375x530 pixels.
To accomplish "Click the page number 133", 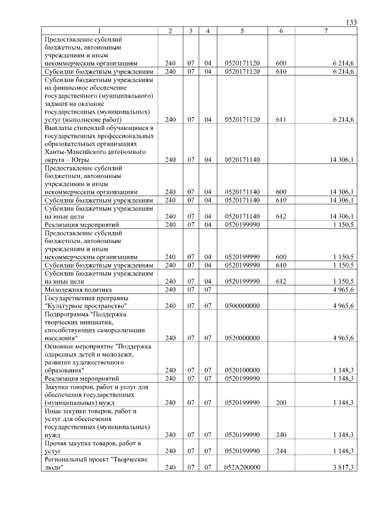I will point(352,22).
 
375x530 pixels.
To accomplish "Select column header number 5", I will point(242,30).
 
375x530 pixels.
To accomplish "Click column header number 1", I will point(99,30).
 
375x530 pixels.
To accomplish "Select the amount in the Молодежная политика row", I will point(343,289).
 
